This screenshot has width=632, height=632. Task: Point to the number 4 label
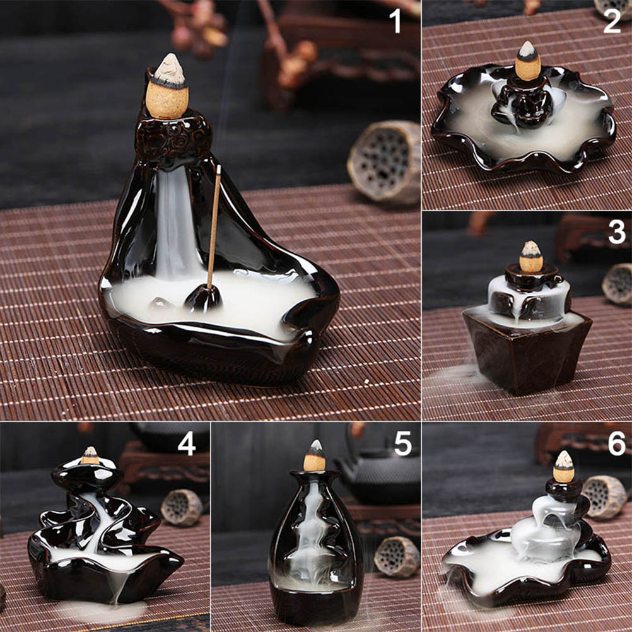click(187, 443)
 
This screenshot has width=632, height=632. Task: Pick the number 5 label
click(403, 443)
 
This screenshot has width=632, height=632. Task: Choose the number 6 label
click(617, 443)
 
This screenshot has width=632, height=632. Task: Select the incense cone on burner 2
click(527, 61)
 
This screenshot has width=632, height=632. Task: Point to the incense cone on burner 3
click(530, 256)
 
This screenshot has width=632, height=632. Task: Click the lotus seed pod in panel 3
click(617, 284)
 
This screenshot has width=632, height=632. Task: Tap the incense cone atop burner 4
click(90, 455)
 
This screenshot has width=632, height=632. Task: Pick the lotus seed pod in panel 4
click(182, 507)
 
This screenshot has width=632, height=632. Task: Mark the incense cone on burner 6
click(563, 467)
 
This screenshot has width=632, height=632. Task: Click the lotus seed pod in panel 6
click(604, 497)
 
